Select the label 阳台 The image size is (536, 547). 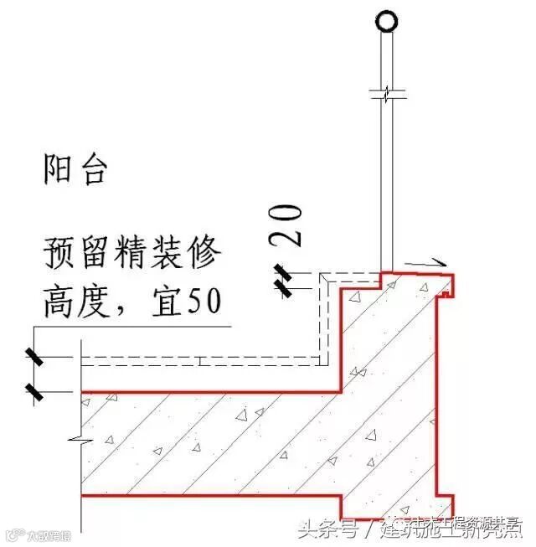(x=75, y=171)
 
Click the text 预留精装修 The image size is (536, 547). (x=131, y=252)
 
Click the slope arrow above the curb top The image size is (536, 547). (x=428, y=265)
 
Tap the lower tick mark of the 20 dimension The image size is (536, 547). (x=285, y=289)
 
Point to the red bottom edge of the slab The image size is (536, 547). (x=209, y=496)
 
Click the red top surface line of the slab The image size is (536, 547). (x=209, y=391)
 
